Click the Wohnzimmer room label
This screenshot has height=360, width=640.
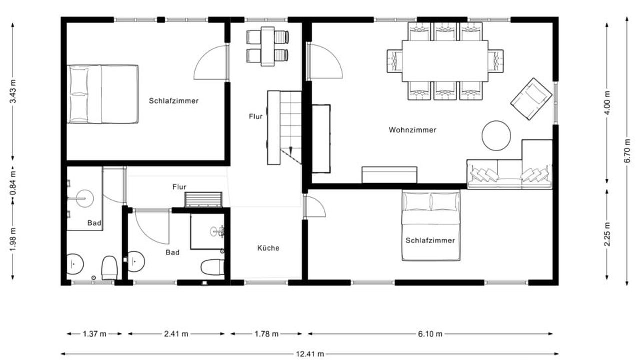coord(412,130)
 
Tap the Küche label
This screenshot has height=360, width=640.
coord(268,248)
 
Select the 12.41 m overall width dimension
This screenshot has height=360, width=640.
coord(310,354)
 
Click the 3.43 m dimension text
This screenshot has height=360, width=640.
coord(13,91)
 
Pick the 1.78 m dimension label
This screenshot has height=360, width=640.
coord(266,334)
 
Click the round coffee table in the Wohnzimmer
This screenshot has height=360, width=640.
coord(496,136)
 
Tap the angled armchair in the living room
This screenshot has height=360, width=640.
coord(531,99)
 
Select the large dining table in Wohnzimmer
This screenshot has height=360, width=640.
coord(445,61)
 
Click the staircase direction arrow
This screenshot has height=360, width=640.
coord(291,150)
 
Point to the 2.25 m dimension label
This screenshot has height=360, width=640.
coord(607,234)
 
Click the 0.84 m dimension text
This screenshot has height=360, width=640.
coord(13,183)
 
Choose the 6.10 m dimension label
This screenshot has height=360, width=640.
coord(430,334)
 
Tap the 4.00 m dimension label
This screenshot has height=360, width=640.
coord(607,103)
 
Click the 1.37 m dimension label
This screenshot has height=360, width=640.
coord(94,334)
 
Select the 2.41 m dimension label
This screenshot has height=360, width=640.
coord(176,334)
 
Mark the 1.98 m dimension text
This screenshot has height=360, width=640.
coord(13,240)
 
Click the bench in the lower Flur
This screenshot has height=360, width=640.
coord(203,199)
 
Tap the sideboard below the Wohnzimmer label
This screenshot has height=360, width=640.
coord(389,175)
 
